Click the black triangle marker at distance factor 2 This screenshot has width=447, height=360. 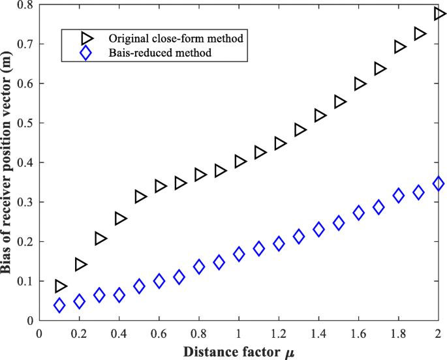[x=439, y=14]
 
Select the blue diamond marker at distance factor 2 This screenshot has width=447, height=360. [x=439, y=184]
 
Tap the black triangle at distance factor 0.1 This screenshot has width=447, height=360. [x=60, y=286]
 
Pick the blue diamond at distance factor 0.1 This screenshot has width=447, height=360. [x=59, y=305]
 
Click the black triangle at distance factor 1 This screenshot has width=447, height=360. [x=239, y=161]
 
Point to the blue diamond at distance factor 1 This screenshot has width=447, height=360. [x=239, y=254]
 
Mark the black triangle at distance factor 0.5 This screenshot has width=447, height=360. [x=140, y=196]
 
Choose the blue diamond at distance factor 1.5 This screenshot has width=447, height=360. [x=339, y=223]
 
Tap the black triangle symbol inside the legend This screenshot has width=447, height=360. [x=84, y=38]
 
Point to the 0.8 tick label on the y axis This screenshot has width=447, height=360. [x=23, y=5]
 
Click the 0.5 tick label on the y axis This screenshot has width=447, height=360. [x=23, y=123]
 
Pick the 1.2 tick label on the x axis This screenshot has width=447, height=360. [x=279, y=333]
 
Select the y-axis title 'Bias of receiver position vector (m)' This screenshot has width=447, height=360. [x=8, y=163]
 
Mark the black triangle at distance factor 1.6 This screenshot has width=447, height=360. [x=360, y=83]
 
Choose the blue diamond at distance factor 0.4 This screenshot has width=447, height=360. [x=119, y=295]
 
